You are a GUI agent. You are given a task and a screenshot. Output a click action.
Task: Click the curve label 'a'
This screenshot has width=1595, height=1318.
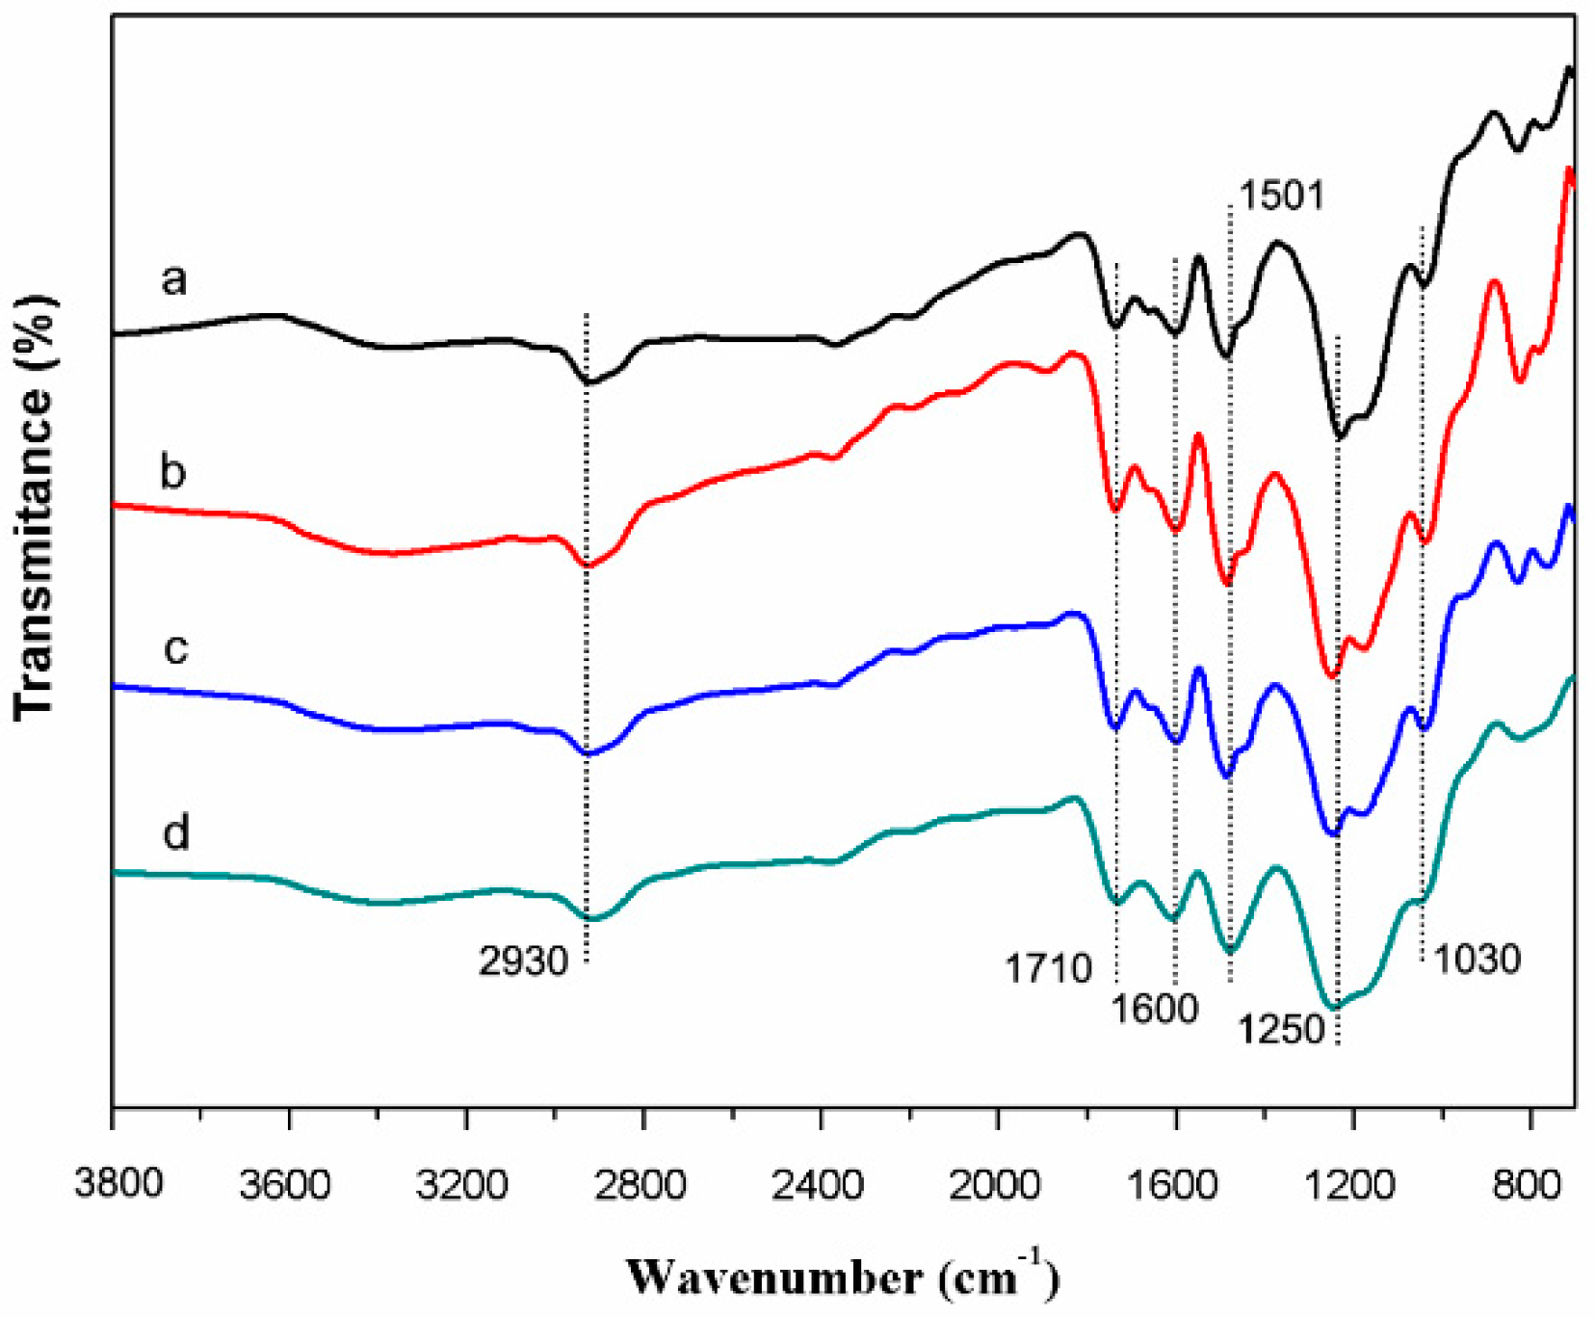coord(173,280)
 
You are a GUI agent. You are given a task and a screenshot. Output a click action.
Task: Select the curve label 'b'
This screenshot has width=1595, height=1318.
coord(172,471)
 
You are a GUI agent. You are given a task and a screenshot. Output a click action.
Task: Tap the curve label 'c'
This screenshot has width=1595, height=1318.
coord(175,649)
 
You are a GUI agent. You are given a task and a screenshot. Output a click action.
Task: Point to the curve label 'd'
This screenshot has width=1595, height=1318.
coord(175,830)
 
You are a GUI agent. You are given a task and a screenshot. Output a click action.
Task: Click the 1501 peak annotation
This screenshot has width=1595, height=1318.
coord(1281,196)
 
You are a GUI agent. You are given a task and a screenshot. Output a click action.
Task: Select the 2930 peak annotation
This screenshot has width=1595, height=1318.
coord(523,961)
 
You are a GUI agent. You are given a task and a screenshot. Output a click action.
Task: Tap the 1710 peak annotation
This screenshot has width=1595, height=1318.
coord(1048,967)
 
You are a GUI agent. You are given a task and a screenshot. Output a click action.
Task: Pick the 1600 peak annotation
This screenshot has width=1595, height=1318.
coord(1154,1009)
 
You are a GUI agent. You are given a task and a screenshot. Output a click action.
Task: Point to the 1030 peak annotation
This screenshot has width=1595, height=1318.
coord(1477,959)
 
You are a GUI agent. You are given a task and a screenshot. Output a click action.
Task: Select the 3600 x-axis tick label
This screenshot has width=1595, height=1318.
coord(286,1183)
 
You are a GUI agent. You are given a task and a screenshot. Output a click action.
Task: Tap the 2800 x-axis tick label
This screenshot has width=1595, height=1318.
coord(641,1183)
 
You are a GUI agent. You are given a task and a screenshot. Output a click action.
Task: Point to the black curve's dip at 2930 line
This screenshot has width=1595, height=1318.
coord(589,382)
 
